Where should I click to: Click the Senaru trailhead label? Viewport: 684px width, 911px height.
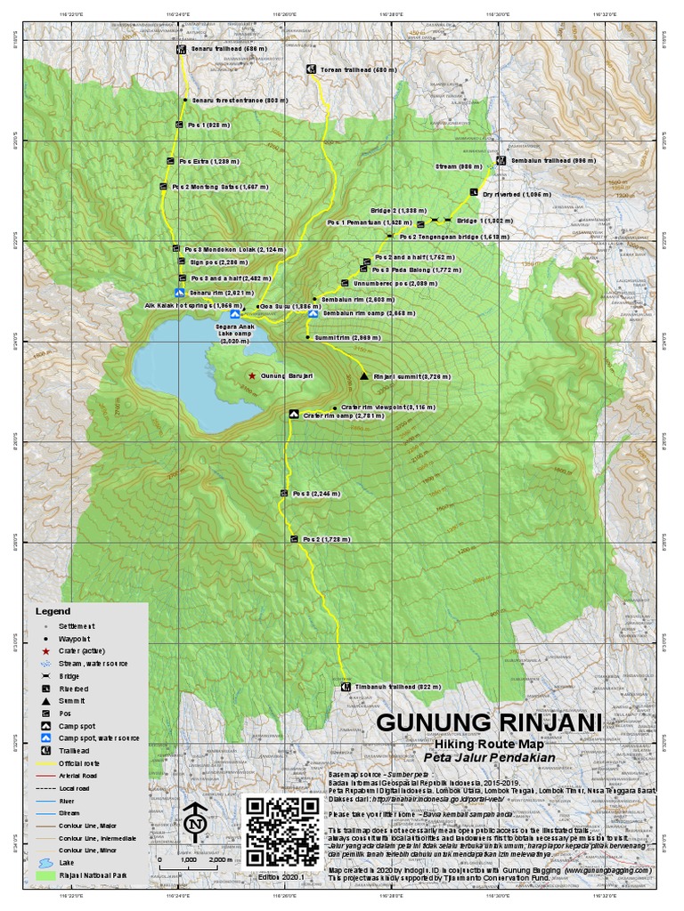[224, 51]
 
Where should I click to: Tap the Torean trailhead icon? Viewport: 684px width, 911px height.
[311, 69]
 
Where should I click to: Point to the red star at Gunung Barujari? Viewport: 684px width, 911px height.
[252, 376]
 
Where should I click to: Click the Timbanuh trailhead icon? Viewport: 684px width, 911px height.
[346, 687]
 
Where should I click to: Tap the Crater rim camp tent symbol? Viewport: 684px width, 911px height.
[292, 415]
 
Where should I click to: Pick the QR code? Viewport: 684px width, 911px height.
[281, 832]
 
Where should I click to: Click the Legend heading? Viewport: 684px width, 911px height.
[52, 612]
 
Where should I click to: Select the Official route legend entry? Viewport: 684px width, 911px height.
[80, 763]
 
